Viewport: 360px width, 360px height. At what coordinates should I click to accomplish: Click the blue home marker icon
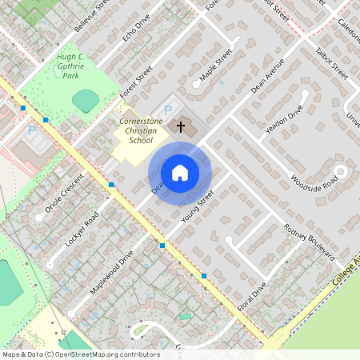(x=180, y=173)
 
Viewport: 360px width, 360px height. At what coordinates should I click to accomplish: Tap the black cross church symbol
(x=181, y=126)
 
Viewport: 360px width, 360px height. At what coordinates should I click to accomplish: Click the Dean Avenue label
(x=267, y=77)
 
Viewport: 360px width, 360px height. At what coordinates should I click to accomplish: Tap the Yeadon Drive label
(x=284, y=118)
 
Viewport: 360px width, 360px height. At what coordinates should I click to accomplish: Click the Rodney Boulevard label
(x=308, y=241)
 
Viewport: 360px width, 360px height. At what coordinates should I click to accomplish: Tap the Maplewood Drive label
(x=112, y=274)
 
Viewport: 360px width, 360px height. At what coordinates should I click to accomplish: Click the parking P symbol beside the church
(x=168, y=110)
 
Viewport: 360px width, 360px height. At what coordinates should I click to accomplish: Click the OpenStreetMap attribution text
(x=81, y=354)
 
